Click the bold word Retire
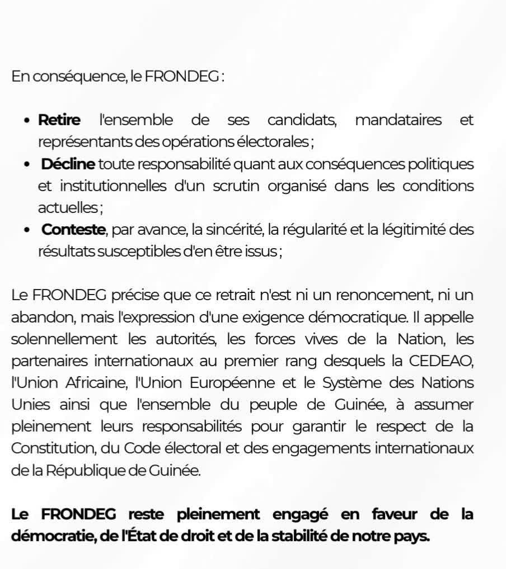pyautogui.click(x=59, y=120)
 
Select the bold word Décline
pyautogui.click(x=68, y=164)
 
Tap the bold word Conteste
pyautogui.click(x=73, y=230)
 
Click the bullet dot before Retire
pyautogui.click(x=27, y=121)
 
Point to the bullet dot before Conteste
pyautogui.click(x=27, y=230)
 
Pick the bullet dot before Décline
pyautogui.click(x=27, y=165)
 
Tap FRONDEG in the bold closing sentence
pyautogui.click(x=79, y=514)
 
